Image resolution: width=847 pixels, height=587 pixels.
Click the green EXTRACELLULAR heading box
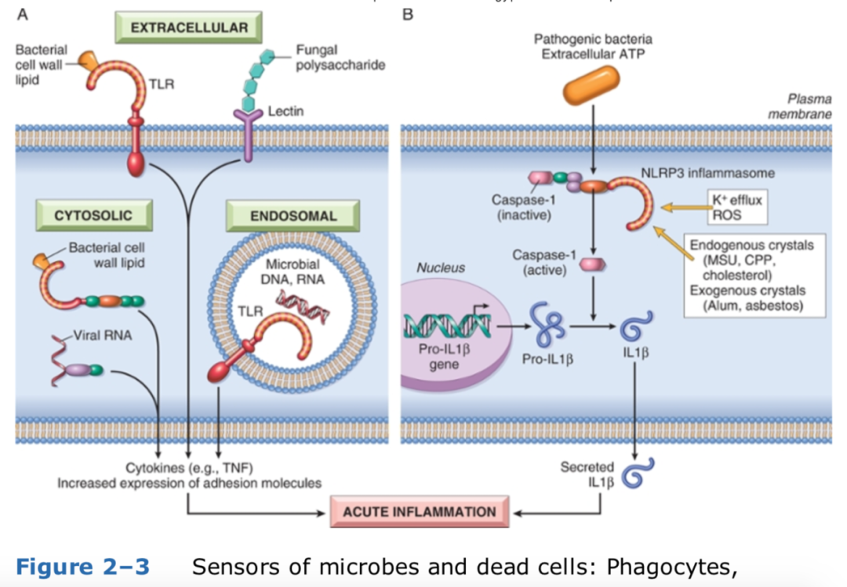[x=189, y=28]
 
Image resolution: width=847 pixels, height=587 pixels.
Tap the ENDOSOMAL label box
[x=293, y=216]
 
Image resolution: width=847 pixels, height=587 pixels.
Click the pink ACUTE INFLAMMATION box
[x=419, y=512]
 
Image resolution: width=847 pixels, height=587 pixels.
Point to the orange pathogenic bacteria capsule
[x=591, y=85]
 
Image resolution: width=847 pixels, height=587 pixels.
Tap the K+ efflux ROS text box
[x=735, y=206]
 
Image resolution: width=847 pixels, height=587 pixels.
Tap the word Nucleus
[x=441, y=268]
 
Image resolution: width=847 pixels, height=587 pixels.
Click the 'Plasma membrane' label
[x=809, y=108]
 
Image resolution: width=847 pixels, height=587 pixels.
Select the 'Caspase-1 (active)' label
[x=543, y=262]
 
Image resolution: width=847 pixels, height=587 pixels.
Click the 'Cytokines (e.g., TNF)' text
[x=189, y=469]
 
